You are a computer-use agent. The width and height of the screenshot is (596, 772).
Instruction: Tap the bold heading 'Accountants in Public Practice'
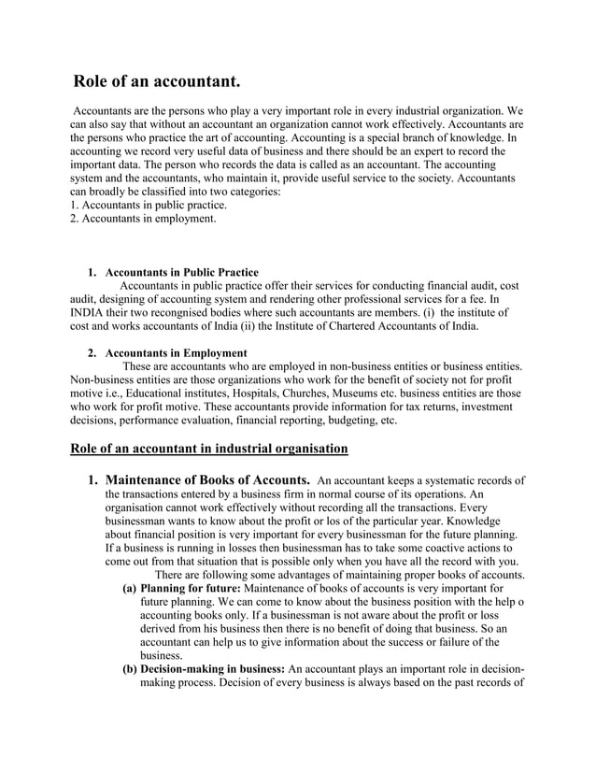point(182,273)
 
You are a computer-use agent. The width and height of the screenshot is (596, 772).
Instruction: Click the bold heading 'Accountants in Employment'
point(176,353)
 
